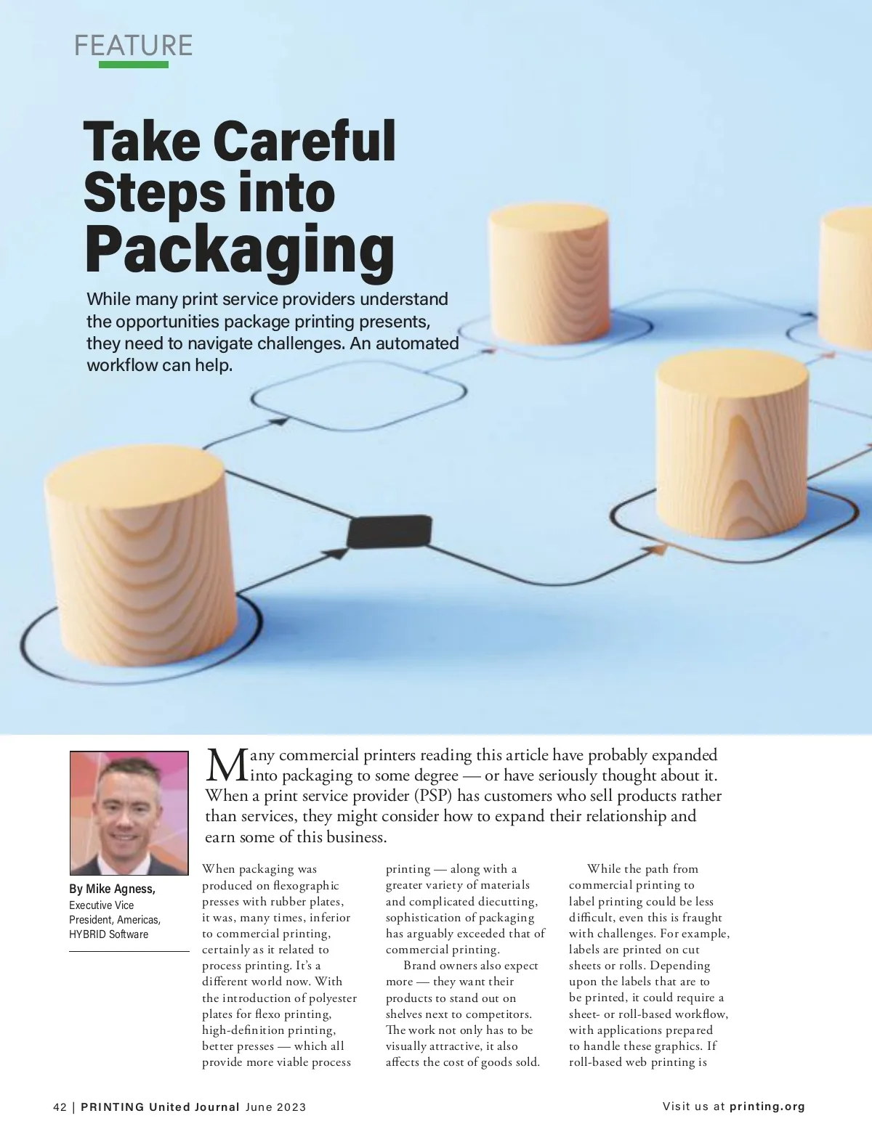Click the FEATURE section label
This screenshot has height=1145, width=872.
(x=133, y=45)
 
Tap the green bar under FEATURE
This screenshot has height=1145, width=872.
(x=133, y=65)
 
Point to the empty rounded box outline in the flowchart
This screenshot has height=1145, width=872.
(x=358, y=396)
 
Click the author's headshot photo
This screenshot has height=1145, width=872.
(x=129, y=812)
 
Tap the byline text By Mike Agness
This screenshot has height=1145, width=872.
(x=112, y=889)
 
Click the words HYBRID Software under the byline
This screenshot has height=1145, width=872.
(x=108, y=934)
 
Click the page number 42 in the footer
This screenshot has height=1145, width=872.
(x=60, y=1107)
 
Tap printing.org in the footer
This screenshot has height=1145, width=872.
(x=767, y=1107)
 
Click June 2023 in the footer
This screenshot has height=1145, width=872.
(x=276, y=1107)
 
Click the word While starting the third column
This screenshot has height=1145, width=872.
(x=603, y=869)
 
